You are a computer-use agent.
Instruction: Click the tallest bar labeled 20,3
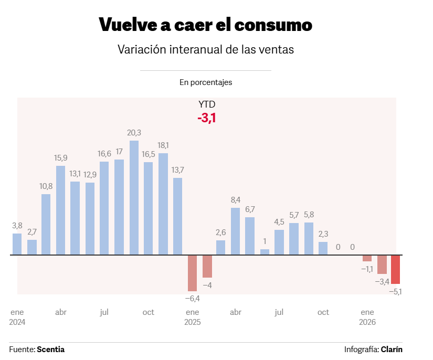pos(134,198)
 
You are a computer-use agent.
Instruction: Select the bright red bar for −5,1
pos(396,269)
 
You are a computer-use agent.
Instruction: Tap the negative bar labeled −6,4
pos(193,273)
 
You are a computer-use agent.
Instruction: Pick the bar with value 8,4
pos(235,231)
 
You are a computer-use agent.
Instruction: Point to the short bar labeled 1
pos(265,252)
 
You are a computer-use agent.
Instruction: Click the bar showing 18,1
pos(163,204)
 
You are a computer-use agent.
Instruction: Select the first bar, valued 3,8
pos(17,244)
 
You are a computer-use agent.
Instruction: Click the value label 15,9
pos(61,157)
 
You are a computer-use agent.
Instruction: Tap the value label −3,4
pos(382,282)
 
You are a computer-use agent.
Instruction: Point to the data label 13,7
pos(178,170)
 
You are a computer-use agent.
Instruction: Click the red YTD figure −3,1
pos(207,118)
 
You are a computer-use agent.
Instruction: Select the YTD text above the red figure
pos(207,104)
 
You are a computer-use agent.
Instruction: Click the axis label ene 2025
pos(193,317)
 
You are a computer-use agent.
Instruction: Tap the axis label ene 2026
pos(367,317)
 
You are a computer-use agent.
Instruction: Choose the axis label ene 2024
pos(17,317)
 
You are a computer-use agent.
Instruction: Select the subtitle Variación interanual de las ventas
pos(206,50)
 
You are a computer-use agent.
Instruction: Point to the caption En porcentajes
pos(206,82)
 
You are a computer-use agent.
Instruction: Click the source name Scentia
pos(50,349)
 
